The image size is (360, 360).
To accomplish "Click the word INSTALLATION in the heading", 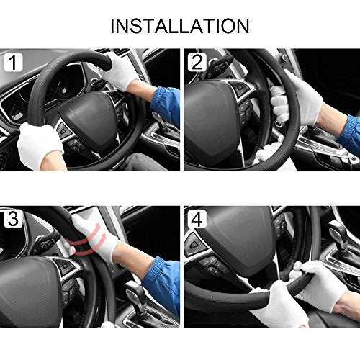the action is (x=180, y=26).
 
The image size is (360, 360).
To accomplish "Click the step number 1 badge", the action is (x=13, y=63).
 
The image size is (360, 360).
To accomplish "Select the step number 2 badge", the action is (x=197, y=63).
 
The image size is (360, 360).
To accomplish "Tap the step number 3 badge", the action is (x=13, y=219).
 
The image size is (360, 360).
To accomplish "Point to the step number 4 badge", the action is (x=197, y=219).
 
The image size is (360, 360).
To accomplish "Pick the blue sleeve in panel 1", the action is (x=166, y=106).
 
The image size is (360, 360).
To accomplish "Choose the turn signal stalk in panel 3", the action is (x=47, y=242).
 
